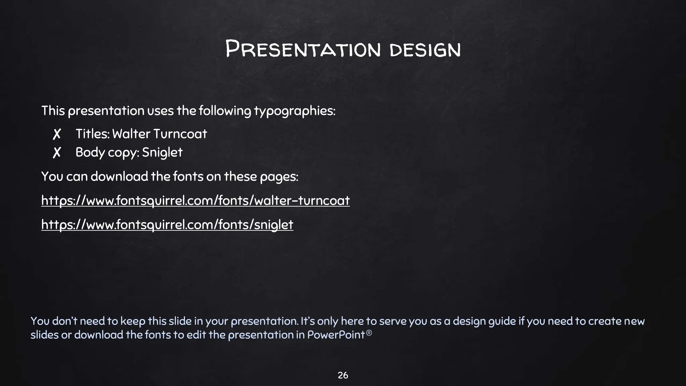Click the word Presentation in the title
pyautogui.click(x=303, y=49)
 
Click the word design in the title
pyautogui.click(x=425, y=50)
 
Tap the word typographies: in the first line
pyautogui.click(x=294, y=111)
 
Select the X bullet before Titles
pyautogui.click(x=57, y=134)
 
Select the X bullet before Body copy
pyautogui.click(x=57, y=152)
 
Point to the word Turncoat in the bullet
pyautogui.click(x=181, y=134)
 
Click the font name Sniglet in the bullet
pyautogui.click(x=162, y=152)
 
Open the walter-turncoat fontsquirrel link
pyautogui.click(x=195, y=200)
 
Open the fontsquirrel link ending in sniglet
pyautogui.click(x=167, y=224)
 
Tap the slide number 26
pyautogui.click(x=343, y=375)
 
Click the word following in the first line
pyautogui.click(x=225, y=111)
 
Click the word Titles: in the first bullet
pyautogui.click(x=92, y=134)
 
